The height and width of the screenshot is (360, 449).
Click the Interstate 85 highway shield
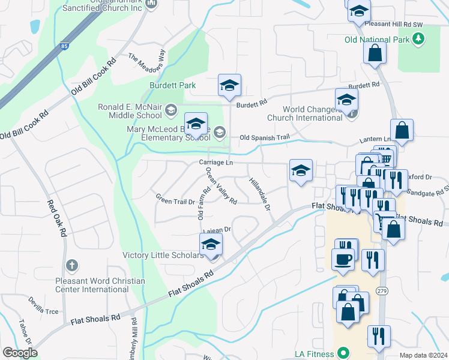click(64, 46)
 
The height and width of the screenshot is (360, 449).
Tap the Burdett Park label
click(173, 86)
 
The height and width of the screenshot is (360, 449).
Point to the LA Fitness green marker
click(343, 352)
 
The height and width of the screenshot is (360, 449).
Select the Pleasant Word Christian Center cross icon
click(71, 265)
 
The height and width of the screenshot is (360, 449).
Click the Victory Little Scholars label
click(163, 256)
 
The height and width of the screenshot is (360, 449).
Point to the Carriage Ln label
click(215, 163)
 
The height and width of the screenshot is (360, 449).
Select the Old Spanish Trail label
click(264, 137)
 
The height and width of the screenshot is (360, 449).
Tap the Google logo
click(20, 353)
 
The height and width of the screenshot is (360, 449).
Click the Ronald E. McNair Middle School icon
click(171, 109)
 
